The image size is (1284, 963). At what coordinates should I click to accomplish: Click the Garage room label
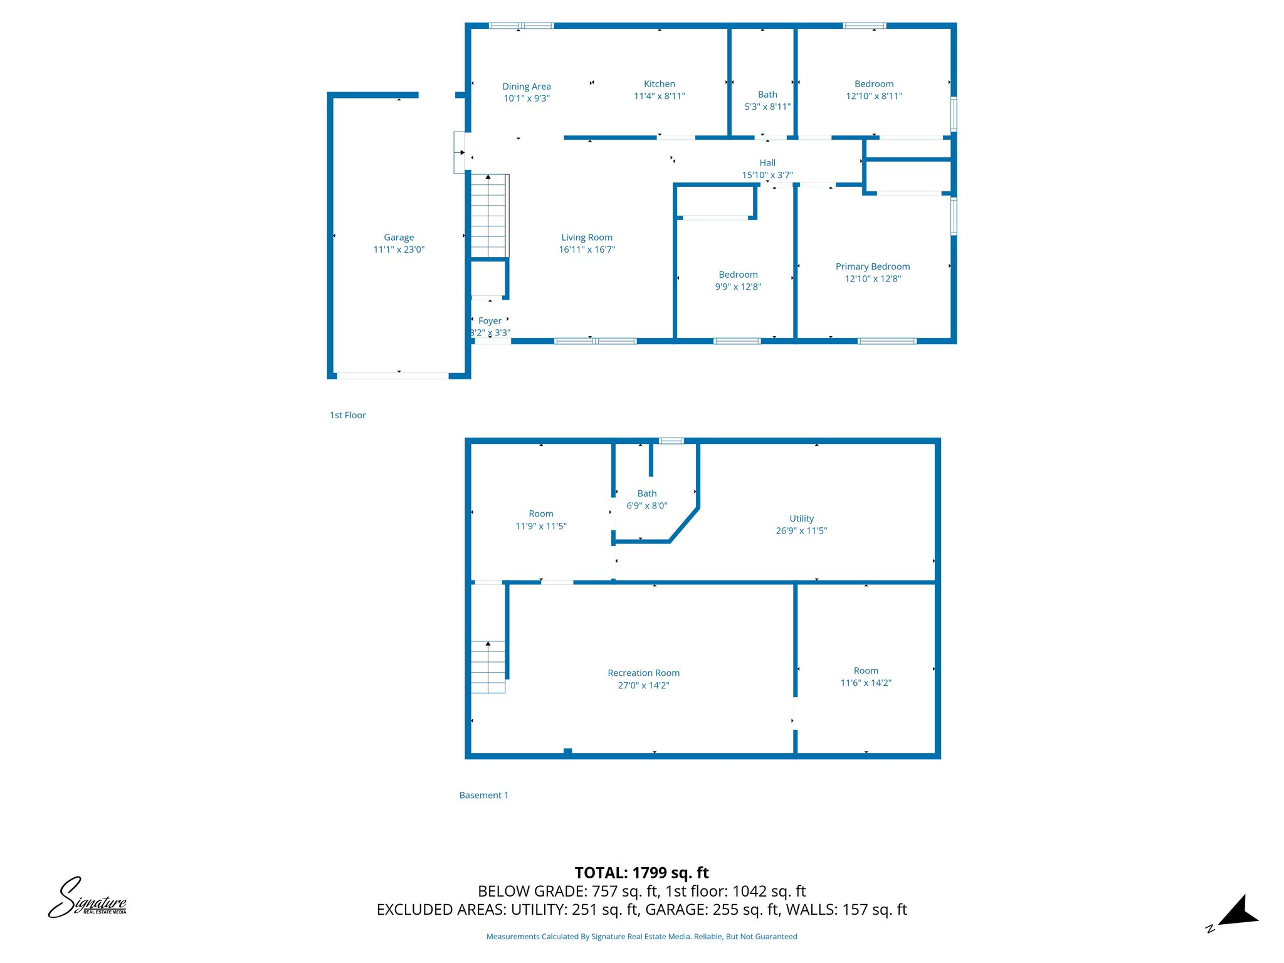(399, 238)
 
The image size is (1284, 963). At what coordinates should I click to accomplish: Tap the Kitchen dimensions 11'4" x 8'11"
(659, 96)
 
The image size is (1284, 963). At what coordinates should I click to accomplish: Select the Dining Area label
(527, 87)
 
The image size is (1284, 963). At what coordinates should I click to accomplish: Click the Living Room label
(587, 238)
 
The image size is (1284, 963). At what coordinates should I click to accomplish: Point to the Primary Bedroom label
(872, 266)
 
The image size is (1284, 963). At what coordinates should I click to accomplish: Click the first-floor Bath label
(767, 95)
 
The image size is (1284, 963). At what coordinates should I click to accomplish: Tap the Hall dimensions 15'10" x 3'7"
(767, 175)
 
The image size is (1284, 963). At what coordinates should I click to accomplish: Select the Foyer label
(490, 321)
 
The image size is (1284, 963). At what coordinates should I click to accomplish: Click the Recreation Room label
(643, 673)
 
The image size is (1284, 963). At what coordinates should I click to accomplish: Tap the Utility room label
(801, 518)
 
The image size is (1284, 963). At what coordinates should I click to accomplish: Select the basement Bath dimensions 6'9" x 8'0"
(647, 505)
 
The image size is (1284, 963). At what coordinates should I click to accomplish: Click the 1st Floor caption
(348, 415)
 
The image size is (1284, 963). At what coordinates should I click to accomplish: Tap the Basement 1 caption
(483, 795)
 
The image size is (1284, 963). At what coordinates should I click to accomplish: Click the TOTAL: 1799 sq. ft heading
(641, 873)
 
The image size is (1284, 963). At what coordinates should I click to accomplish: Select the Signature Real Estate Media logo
(88, 898)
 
